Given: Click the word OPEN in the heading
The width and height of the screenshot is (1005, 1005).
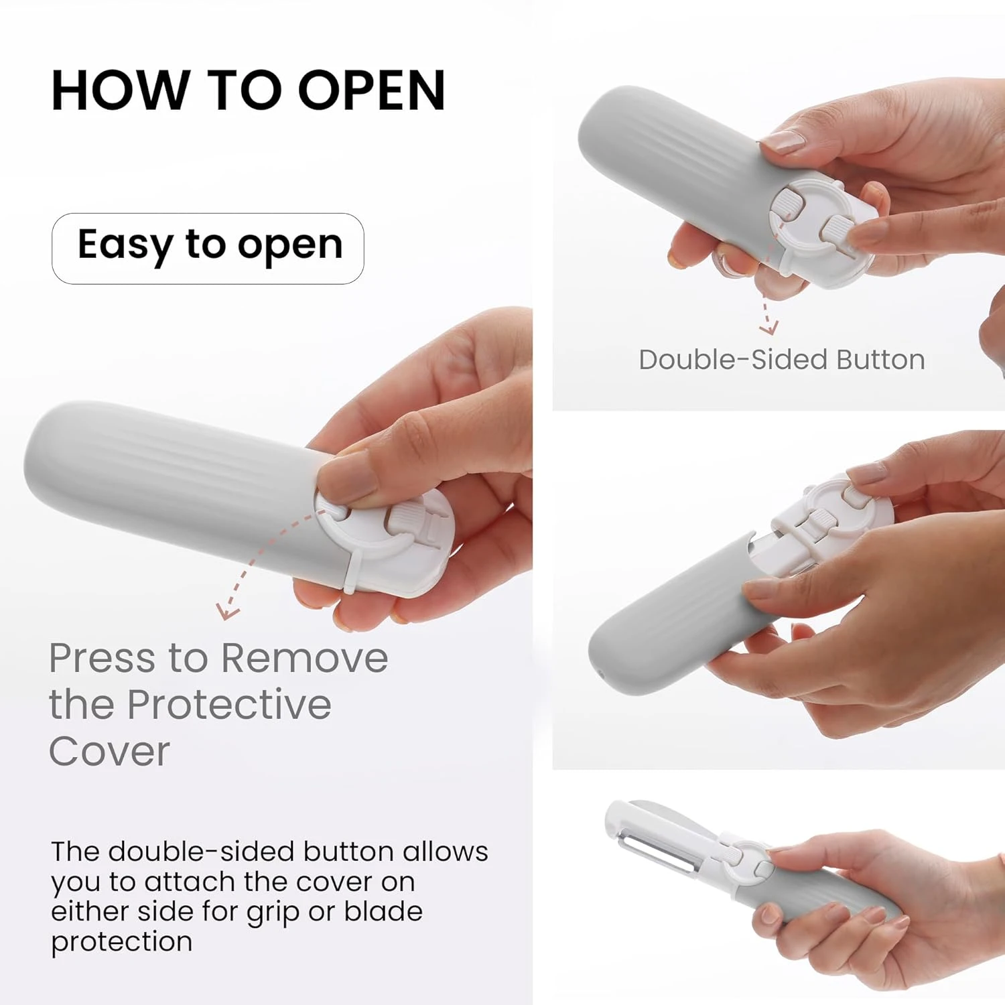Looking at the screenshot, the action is (372, 90).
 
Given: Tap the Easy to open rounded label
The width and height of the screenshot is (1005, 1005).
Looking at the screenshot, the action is (208, 249).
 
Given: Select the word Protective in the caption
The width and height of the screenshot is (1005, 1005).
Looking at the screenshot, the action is (229, 705).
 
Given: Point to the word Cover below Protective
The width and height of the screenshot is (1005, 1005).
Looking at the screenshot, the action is (109, 751).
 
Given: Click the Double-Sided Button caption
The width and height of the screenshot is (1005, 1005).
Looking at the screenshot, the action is (782, 360).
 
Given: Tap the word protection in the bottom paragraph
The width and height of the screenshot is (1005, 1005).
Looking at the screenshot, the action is (122, 942).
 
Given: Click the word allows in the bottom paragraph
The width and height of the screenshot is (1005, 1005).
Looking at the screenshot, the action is (446, 852).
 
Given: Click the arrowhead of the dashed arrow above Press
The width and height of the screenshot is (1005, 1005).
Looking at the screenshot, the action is (226, 611).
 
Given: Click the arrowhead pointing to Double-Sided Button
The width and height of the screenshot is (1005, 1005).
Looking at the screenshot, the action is (768, 328).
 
